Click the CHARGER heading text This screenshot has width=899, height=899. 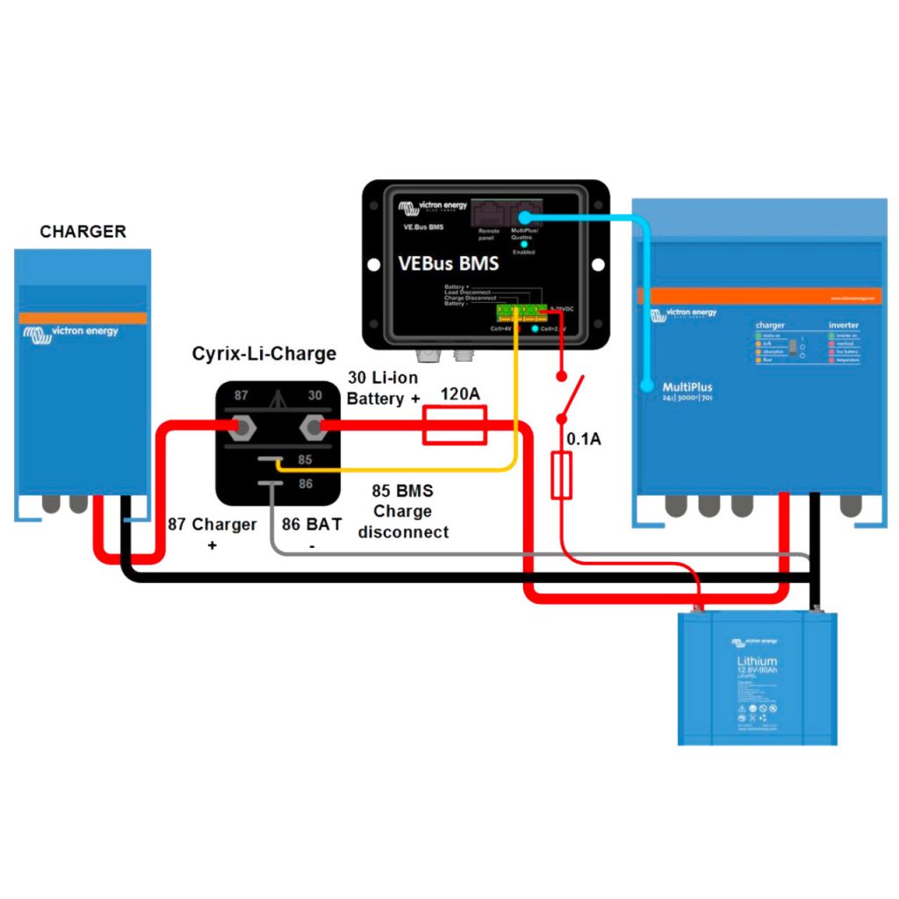pyautogui.click(x=83, y=232)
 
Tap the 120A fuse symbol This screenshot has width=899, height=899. pyautogui.click(x=455, y=427)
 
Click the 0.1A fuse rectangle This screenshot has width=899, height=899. pyautogui.click(x=562, y=476)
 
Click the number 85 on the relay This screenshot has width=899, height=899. pyautogui.click(x=305, y=458)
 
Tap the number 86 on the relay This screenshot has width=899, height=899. pyautogui.click(x=305, y=484)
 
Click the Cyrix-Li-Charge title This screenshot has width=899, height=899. pyautogui.click(x=263, y=354)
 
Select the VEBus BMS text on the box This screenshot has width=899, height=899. pyautogui.click(x=448, y=263)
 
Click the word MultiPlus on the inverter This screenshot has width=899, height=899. pyautogui.click(x=687, y=386)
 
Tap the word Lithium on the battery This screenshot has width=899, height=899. pyautogui.click(x=757, y=661)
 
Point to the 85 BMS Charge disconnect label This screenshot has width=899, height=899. pyautogui.click(x=403, y=511)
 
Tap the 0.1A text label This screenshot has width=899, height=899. pyautogui.click(x=583, y=439)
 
